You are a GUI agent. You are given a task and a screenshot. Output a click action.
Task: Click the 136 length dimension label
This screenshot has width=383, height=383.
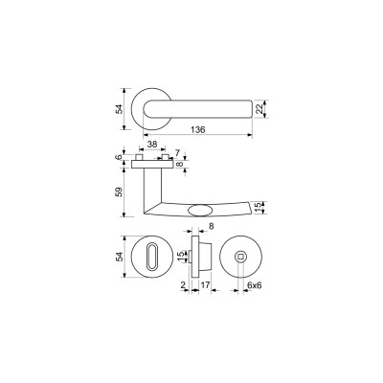click(198, 130)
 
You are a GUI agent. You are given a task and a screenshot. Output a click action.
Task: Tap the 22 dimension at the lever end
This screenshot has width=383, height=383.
click(259, 109)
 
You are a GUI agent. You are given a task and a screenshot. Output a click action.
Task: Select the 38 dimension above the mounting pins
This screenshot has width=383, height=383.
click(152, 145)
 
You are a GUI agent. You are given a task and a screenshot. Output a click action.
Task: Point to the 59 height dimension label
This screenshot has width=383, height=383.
click(119, 192)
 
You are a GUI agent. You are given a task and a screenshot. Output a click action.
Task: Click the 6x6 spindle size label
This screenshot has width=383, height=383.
click(255, 285)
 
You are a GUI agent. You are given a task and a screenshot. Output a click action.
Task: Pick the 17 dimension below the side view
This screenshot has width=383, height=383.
click(205, 285)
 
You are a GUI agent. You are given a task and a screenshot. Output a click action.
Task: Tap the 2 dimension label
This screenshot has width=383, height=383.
click(183, 285)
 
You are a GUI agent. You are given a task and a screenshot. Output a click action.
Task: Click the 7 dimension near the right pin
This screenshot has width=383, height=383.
click(178, 152)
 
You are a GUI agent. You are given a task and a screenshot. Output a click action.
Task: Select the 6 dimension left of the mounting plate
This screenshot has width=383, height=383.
click(119, 157)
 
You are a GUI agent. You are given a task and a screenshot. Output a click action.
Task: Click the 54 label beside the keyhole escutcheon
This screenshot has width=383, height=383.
click(119, 257)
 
